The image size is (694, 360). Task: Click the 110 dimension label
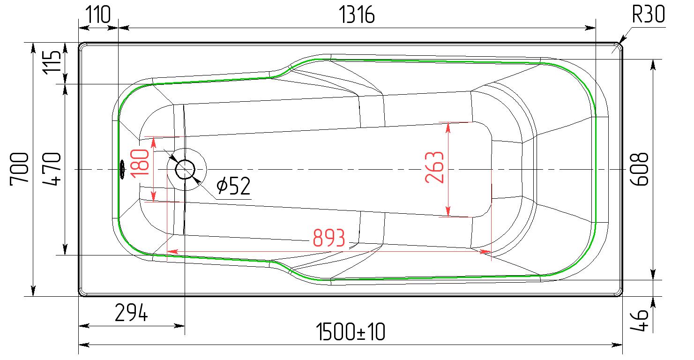coord(97,15)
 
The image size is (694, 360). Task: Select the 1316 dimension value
coord(357,15)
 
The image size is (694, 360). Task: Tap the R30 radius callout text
coord(648,14)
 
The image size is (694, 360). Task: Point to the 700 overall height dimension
coord(19,169)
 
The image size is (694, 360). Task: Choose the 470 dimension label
coord(52,169)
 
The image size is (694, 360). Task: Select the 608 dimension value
coord(640,169)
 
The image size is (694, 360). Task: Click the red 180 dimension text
coord(140,164)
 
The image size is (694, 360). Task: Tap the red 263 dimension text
coord(434,167)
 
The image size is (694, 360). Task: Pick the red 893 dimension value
coord(329,238)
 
